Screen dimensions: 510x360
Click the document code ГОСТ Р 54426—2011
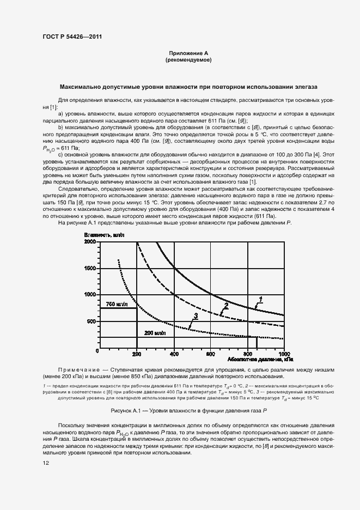click(x=72, y=37)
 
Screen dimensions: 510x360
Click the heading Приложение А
click(x=188, y=53)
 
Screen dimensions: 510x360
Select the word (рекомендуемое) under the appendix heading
click(x=188, y=59)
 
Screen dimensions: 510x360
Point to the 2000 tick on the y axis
click(x=90, y=241)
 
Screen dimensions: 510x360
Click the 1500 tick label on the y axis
click(x=90, y=268)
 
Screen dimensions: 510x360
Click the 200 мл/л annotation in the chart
click(x=155, y=332)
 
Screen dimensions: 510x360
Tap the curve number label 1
click(x=261, y=299)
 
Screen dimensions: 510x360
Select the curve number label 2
click(x=225, y=306)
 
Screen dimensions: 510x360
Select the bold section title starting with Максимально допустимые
click(x=188, y=87)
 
